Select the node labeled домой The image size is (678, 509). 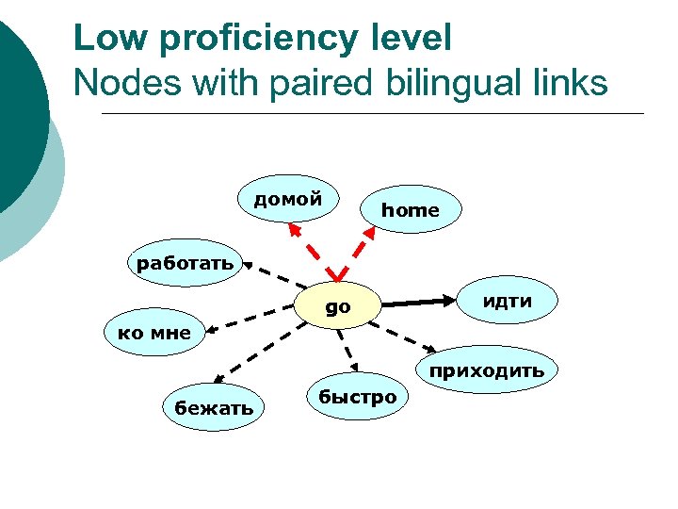tap(287, 199)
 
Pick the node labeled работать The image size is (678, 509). tap(185, 263)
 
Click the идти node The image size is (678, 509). tap(508, 301)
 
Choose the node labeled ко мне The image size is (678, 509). tap(153, 332)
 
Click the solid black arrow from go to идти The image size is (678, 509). tap(418, 303)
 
